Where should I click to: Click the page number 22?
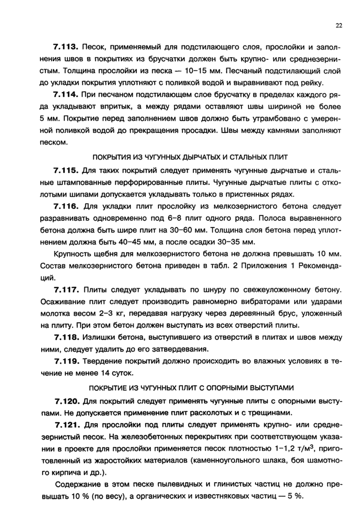(x=338, y=26)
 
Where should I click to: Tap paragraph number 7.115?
(x=66, y=170)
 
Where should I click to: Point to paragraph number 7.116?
(x=66, y=207)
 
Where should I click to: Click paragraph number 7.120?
(x=66, y=400)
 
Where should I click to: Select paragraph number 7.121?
(x=66, y=425)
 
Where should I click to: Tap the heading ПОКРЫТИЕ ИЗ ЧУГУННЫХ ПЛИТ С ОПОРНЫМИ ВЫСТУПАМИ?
(x=191, y=387)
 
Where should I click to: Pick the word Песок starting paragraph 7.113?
(x=93, y=47)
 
